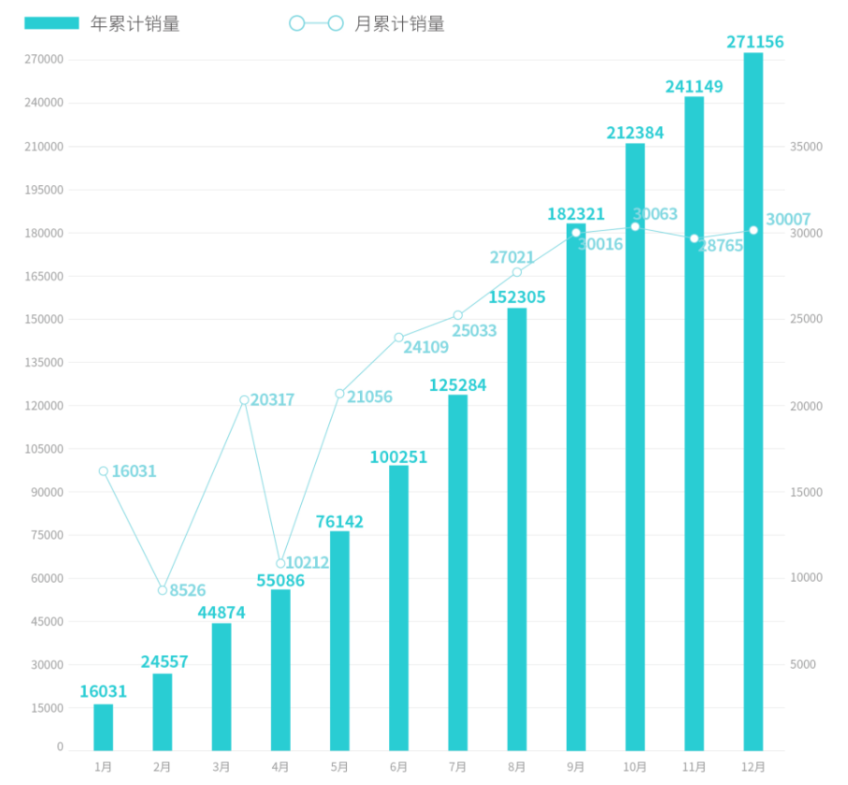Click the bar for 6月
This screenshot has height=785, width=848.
click(398, 608)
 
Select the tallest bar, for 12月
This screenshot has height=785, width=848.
click(753, 402)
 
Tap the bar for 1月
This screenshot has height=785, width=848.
click(103, 727)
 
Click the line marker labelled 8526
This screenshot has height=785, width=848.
click(163, 590)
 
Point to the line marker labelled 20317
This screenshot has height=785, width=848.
click(244, 400)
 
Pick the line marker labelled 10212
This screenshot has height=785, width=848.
click(280, 563)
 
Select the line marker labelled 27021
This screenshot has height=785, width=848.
click(517, 272)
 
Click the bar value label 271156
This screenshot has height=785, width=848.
click(755, 42)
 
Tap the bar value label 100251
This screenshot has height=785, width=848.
click(398, 458)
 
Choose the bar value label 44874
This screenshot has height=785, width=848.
click(222, 613)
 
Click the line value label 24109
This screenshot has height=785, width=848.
click(425, 347)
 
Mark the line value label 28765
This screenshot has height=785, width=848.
click(720, 246)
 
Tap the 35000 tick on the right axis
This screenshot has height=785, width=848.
click(806, 147)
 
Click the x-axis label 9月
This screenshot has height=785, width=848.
click(576, 767)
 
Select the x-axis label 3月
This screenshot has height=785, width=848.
click(222, 767)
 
